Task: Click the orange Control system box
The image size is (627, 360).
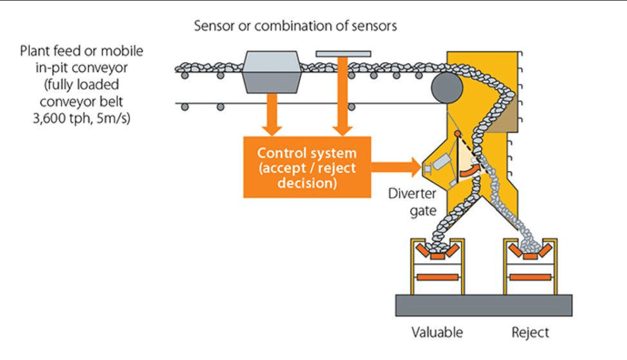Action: [x=307, y=167]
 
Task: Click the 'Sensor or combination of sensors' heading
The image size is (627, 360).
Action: [x=295, y=26]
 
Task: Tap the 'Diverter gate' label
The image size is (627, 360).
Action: [x=412, y=202]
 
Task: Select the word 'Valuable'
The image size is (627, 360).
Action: [x=437, y=332]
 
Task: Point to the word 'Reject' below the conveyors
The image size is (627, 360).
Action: [x=530, y=332]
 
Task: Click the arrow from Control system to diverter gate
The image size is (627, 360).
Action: [x=396, y=167]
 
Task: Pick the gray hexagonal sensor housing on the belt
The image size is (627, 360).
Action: [x=272, y=72]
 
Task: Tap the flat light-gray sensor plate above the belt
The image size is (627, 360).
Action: [x=343, y=53]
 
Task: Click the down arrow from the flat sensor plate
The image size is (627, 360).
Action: [x=343, y=96]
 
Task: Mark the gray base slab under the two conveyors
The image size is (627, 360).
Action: [x=484, y=306]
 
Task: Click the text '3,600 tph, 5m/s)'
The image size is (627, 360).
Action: [x=82, y=119]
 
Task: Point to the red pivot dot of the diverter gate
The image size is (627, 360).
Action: [x=458, y=134]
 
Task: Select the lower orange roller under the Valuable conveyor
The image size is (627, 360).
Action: [x=437, y=277]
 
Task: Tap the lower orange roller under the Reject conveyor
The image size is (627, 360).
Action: [x=530, y=277]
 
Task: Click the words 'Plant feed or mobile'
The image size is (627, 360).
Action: [x=82, y=51]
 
